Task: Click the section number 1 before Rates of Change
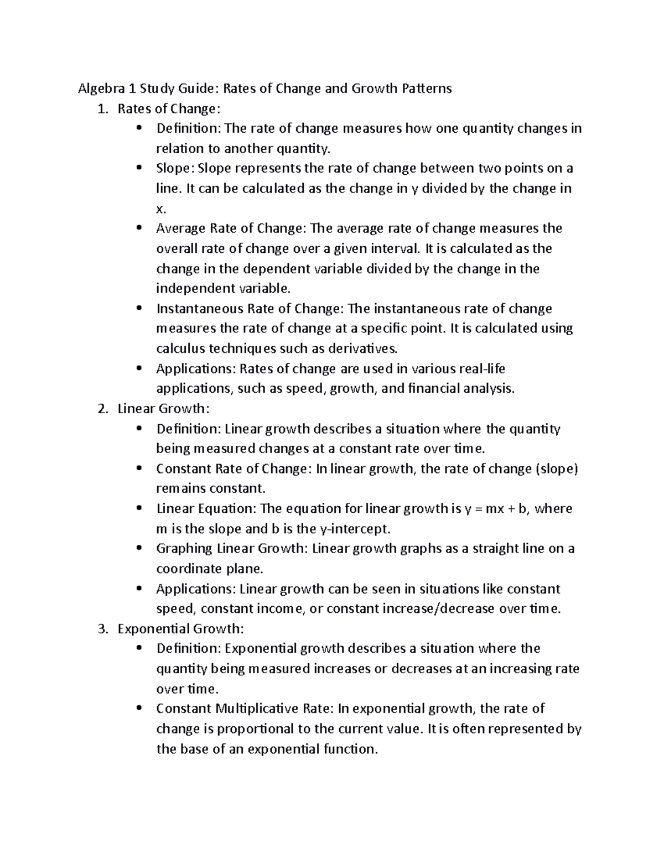click(x=100, y=109)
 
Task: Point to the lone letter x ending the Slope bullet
click(x=160, y=209)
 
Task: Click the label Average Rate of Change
click(x=230, y=228)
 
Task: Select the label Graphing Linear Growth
click(x=232, y=549)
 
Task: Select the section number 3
click(x=100, y=629)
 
